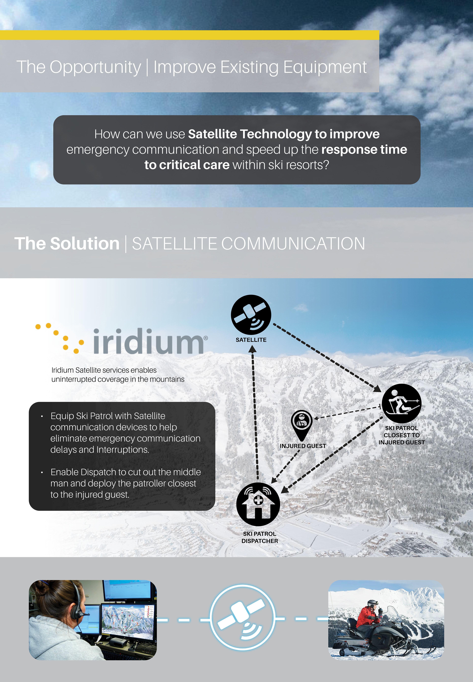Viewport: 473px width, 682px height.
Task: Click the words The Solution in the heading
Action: click(x=67, y=244)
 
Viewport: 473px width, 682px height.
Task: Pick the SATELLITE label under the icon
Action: click(x=251, y=340)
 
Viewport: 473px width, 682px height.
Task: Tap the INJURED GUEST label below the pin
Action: click(x=303, y=446)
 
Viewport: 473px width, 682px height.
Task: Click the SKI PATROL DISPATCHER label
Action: click(x=260, y=537)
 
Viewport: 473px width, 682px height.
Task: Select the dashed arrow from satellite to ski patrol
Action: click(x=326, y=357)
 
